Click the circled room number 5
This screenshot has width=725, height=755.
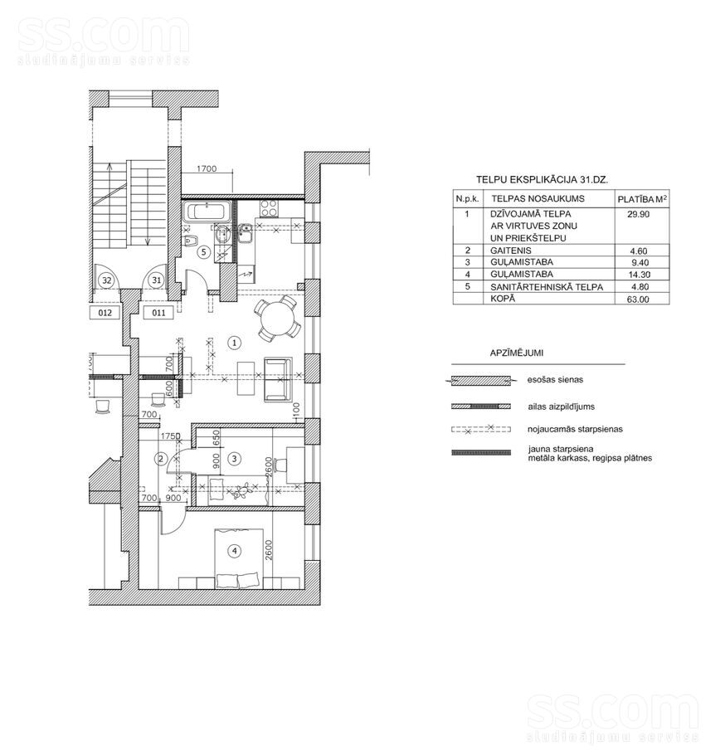tap(204, 252)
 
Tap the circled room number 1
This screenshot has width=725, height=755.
tap(234, 343)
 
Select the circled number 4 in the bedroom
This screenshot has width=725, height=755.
tap(235, 550)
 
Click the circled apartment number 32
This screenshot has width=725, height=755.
tap(106, 280)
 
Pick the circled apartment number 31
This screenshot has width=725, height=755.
tap(157, 280)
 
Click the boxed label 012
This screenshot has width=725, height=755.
tap(105, 313)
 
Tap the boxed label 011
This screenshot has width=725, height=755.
tap(159, 313)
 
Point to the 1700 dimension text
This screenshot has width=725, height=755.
tap(207, 168)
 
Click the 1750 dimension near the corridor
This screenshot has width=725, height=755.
tap(170, 436)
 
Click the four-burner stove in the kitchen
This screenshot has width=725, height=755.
tap(269, 208)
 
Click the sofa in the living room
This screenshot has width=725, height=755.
tap(278, 379)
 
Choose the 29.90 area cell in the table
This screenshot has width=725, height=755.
tap(639, 214)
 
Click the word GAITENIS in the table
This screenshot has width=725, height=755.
tap(511, 251)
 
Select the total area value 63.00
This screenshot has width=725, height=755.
tap(639, 299)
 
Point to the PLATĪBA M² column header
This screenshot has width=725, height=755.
tap(642, 199)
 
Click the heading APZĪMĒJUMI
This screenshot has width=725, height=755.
tap(517, 353)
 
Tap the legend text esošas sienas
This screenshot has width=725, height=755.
tap(555, 379)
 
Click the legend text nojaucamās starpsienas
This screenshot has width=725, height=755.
tap(576, 429)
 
